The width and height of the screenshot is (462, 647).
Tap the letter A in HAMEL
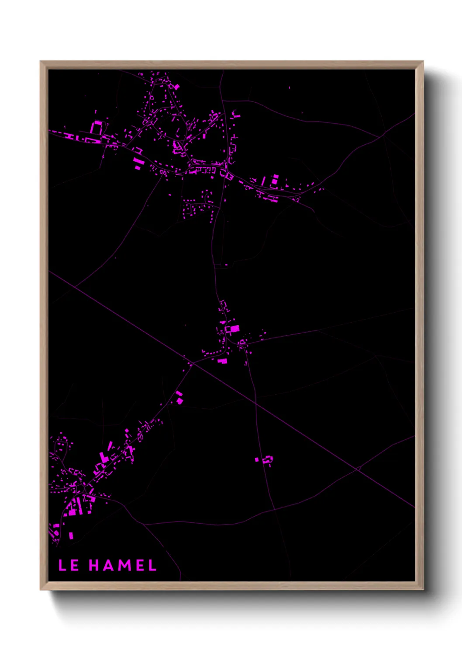point(110,565)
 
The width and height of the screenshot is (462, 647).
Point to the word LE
point(69,565)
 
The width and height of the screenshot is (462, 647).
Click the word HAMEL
point(123,565)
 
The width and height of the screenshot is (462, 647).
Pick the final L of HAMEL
point(152,565)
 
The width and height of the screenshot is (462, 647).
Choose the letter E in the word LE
point(75,565)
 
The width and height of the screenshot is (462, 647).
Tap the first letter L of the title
point(62,565)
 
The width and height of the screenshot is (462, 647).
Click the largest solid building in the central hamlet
point(234,328)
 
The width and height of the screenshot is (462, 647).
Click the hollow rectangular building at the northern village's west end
point(96,128)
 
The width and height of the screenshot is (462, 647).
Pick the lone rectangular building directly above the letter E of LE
point(71,535)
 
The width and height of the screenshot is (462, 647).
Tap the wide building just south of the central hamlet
point(223,361)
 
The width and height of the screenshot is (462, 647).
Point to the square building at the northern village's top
point(176,86)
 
